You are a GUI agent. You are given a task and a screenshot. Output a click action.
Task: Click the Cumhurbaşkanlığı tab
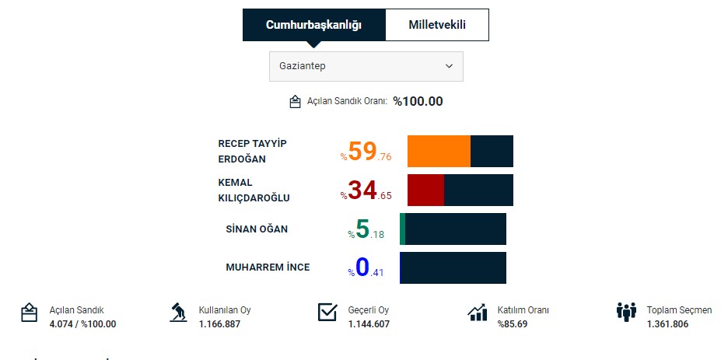coord(313,25)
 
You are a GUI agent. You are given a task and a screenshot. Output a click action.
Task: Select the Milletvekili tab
coord(437,25)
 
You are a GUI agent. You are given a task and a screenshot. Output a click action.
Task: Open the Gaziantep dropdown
coord(366,66)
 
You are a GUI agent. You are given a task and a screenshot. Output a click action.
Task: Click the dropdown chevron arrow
coord(449,66)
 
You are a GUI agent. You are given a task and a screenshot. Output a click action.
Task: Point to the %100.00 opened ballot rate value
coord(418,101)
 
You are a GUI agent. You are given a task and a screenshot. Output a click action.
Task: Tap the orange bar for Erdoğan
coord(439,151)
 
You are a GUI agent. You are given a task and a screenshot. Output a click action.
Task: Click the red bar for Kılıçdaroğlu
coord(425,190)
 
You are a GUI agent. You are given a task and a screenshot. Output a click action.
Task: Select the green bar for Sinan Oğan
coord(403,229)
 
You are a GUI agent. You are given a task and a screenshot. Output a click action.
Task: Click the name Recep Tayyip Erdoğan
coord(252,151)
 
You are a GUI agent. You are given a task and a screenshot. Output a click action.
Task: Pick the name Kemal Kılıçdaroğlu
coord(254,190)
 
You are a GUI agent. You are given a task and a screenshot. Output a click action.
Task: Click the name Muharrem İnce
coord(268,267)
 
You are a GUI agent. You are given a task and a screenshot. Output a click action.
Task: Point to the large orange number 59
coord(362,151)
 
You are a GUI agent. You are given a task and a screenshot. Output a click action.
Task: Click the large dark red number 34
coord(362,190)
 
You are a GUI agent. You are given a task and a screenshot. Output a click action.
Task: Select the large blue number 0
coord(362,267)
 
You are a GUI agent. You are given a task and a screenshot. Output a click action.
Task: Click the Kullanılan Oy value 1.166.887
coord(219,323)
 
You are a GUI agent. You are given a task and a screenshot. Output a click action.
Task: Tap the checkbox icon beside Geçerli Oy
coord(327,313)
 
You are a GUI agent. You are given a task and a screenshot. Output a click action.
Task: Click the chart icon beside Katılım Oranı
coord(477,313)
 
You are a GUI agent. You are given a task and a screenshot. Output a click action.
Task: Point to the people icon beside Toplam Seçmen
coord(626,313)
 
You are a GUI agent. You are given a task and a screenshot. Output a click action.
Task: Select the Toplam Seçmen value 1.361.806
coord(667,323)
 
